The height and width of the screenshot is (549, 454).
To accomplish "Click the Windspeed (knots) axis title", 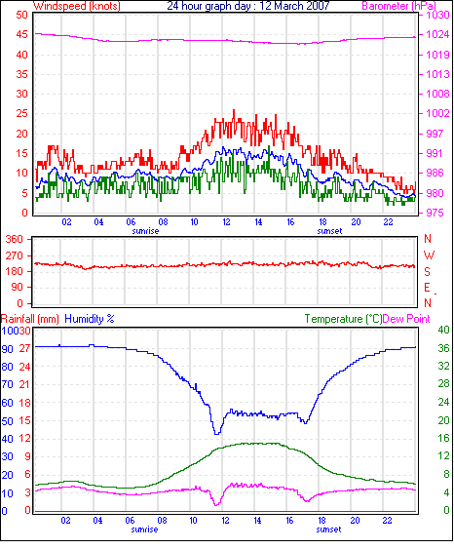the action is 77,6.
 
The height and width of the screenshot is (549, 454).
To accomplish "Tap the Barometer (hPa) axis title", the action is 398,6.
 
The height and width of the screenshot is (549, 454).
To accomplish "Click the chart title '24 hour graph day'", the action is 208,6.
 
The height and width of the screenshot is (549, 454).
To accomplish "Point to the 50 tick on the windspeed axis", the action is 22,15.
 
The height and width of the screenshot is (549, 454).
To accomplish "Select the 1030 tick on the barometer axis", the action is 437,15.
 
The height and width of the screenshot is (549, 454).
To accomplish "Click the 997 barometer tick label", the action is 435,134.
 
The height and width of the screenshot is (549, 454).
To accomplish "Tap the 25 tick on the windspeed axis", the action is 22,113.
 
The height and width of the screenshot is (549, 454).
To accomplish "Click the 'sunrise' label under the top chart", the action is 145,231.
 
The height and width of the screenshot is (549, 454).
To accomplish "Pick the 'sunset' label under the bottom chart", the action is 328,529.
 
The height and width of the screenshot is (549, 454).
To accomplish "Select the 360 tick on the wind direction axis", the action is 15,239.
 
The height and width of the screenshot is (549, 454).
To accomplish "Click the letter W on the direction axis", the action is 429,255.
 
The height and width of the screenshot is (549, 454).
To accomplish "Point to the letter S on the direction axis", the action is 428,271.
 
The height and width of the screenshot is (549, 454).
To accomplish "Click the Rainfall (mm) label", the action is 30,319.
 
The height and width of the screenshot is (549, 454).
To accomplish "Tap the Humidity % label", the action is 90,319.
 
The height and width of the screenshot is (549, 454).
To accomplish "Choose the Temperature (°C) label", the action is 343,319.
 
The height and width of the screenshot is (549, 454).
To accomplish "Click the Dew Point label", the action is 406,319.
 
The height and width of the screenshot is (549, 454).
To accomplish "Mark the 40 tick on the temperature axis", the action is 444,330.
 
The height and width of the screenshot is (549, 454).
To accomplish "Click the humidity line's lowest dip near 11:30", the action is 217,434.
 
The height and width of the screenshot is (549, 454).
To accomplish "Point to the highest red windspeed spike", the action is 234,110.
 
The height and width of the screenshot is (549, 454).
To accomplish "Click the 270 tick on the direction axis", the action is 15,255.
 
